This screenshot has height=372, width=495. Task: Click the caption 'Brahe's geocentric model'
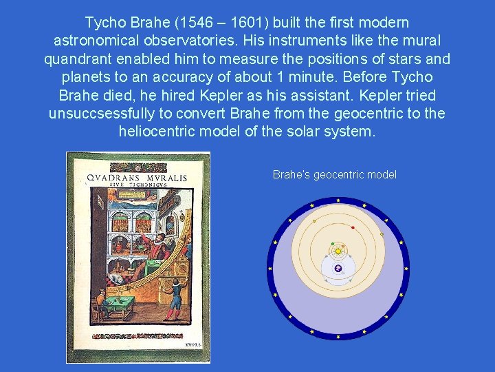335,175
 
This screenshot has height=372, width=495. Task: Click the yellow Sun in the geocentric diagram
338,251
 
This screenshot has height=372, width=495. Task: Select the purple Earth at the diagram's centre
338,269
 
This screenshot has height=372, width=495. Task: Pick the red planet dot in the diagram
353,227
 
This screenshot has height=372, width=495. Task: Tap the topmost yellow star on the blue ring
338,200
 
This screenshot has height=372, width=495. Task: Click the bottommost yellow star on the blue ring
338,337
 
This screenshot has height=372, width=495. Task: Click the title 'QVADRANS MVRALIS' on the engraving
137,178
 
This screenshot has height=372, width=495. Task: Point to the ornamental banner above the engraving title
137,167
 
